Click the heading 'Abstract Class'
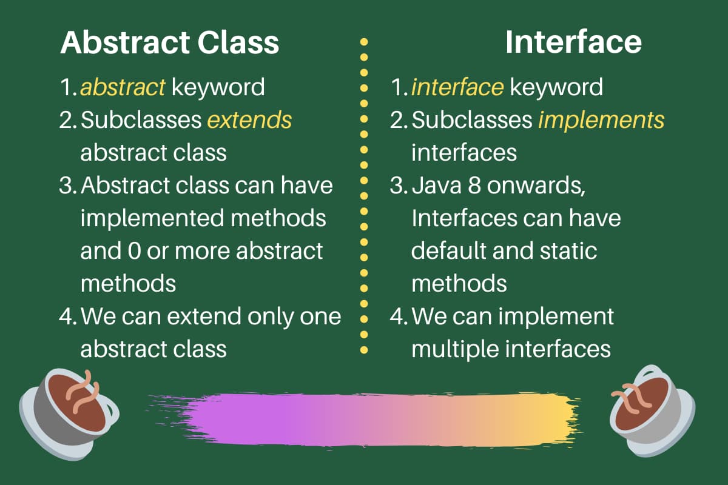pos(169,42)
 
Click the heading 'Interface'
pos(573,42)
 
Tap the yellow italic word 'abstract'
pos(123,87)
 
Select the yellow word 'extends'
pos(249,120)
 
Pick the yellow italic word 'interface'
pos(457,87)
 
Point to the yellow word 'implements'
pos(601,120)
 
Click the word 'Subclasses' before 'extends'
pos(141,120)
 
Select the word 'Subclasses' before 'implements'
pos(472,120)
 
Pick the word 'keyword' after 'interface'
pos(556,87)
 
